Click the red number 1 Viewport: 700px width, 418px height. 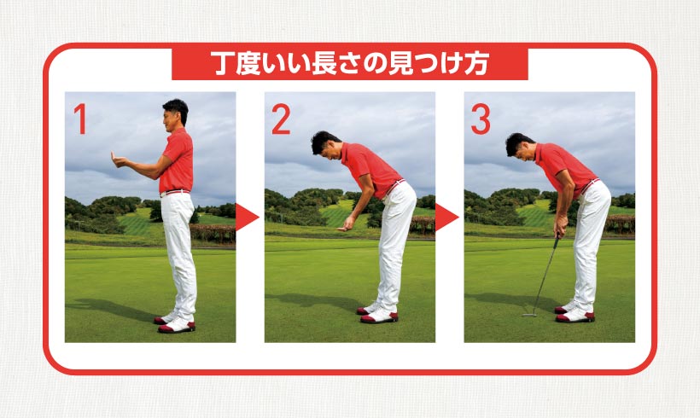coord(80,119)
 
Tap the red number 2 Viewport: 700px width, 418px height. coord(281,119)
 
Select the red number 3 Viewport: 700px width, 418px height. coord(481,119)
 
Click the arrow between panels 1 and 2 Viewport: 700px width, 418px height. coord(247,218)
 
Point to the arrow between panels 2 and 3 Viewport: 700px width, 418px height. coord(446,218)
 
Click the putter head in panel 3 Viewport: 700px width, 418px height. coord(529,315)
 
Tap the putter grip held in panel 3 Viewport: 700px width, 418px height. coord(557,240)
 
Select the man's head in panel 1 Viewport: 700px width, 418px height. coord(175,114)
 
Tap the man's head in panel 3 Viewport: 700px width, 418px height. coord(519,147)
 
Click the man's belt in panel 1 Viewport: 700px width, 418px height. coord(175,193)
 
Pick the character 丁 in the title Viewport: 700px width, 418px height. coord(222,63)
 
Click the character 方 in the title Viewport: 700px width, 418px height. coord(476,63)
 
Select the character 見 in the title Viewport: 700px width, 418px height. coord(400,63)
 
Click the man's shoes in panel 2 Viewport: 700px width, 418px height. coord(377,314)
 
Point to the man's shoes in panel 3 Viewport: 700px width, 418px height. coord(575,313)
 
